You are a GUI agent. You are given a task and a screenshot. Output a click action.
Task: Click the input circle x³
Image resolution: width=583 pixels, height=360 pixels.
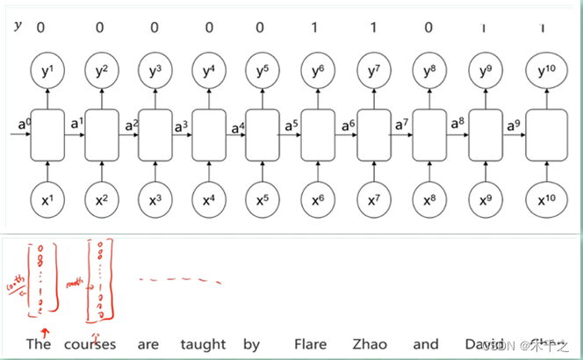[154, 199]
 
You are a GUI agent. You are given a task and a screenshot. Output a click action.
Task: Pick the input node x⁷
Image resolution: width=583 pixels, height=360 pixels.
[374, 199]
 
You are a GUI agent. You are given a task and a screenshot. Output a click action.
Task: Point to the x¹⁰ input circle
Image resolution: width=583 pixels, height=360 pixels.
[541, 199]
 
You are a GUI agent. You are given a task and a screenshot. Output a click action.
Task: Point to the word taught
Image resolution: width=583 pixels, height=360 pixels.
[203, 345]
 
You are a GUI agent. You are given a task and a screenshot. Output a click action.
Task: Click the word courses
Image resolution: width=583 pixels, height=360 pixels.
[90, 344]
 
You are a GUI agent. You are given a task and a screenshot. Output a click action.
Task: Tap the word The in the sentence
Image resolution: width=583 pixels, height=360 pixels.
[39, 344]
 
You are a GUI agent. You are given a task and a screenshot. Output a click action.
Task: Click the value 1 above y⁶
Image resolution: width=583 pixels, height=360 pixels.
[316, 27]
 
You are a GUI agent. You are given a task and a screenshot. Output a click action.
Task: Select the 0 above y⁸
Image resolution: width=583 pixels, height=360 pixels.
[428, 27]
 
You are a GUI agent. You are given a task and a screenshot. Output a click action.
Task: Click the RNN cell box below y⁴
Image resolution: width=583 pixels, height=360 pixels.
[209, 135]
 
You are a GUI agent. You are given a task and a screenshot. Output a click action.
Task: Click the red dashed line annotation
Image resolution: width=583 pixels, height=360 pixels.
[180, 281]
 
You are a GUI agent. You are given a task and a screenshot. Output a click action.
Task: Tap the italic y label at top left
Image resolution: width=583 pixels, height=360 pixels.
[18, 25]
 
